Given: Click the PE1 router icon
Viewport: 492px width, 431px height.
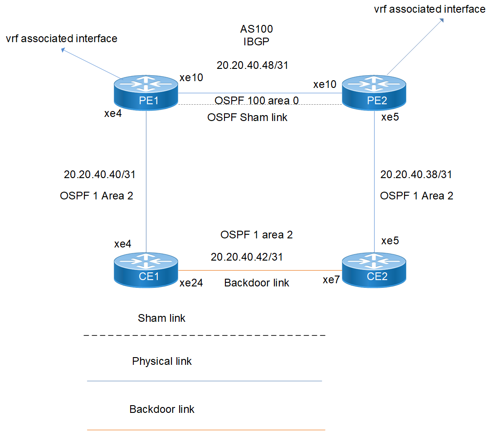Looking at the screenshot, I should pos(146,93).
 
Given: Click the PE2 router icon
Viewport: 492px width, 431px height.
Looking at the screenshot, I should pos(374,93).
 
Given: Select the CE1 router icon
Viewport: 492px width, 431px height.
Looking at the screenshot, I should pos(146,269).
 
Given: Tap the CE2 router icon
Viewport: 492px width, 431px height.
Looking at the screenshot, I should pos(374,269).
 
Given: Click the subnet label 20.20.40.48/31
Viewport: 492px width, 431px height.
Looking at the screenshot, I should pos(253,65).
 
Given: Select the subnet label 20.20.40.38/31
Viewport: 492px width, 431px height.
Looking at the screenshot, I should pos(416,174).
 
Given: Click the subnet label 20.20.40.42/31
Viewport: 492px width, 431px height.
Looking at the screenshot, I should pos(247,257).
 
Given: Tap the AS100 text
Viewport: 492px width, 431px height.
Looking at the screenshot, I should pos(256,29).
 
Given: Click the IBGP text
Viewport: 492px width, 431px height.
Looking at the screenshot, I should pos(256,42).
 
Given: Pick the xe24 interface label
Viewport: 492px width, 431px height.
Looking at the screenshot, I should pos(191,283).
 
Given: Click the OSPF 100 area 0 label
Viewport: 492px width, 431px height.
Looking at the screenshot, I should pos(257,100).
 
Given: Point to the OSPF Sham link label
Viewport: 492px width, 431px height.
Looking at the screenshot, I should pos(248,118).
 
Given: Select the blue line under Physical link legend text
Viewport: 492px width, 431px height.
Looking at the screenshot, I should pos(204,381).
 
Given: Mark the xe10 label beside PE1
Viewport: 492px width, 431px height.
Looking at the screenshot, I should pos(191,77).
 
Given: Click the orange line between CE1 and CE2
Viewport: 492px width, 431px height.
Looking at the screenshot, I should pos(260,271).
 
